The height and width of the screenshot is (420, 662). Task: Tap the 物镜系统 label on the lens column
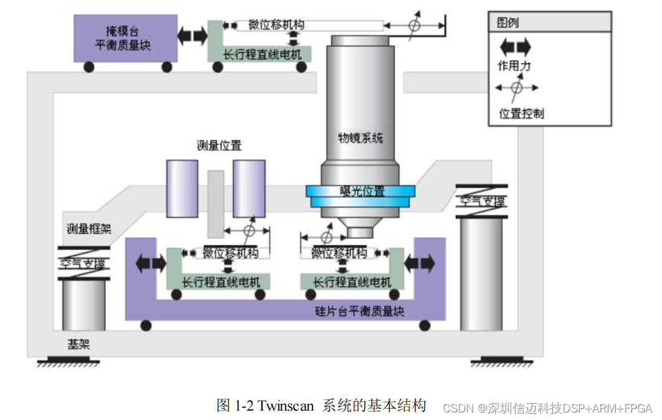pyautogui.click(x=361, y=138)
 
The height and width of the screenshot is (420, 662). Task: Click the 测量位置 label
pyautogui.click(x=219, y=146)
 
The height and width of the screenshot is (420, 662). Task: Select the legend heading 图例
pyautogui.click(x=508, y=23)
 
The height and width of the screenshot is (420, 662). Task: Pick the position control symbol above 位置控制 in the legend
pyautogui.click(x=517, y=88)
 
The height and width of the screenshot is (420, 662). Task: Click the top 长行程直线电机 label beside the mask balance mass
pyautogui.click(x=262, y=55)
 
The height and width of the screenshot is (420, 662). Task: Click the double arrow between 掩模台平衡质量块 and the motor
pyautogui.click(x=192, y=35)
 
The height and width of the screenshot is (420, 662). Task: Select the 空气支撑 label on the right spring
pyautogui.click(x=482, y=201)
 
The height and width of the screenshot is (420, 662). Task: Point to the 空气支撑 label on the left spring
pyautogui.click(x=83, y=263)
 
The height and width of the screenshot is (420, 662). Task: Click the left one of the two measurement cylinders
pyautogui.click(x=182, y=188)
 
